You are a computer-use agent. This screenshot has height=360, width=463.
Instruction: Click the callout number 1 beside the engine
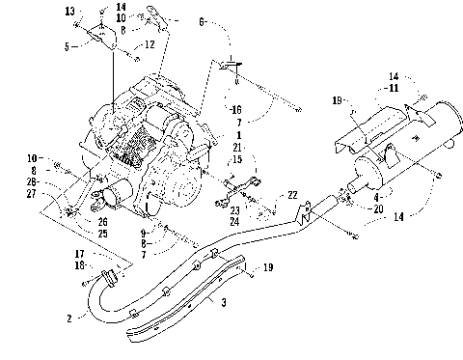click(239, 135)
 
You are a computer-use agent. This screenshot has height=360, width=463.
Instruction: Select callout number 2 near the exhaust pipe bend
click(69, 318)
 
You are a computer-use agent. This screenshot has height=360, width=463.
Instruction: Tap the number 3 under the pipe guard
click(224, 302)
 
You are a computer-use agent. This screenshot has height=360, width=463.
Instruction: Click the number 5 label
click(67, 46)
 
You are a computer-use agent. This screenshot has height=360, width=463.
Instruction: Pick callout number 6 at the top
click(202, 22)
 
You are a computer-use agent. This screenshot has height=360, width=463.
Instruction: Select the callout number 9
click(143, 233)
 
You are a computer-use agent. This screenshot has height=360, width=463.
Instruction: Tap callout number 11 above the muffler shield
click(394, 88)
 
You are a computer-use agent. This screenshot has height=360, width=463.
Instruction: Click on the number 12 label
click(150, 44)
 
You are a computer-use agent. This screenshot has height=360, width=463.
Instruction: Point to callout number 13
click(69, 12)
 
